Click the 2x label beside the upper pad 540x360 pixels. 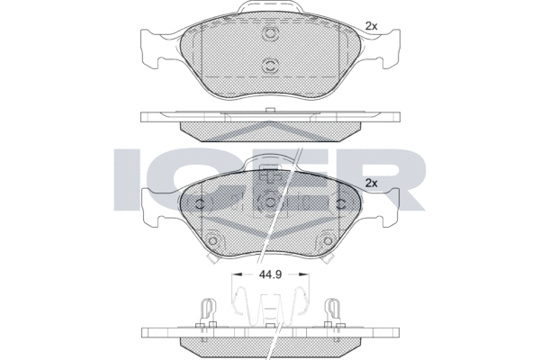[371, 26]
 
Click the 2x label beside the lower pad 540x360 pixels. [371, 184]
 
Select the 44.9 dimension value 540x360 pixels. [270, 274]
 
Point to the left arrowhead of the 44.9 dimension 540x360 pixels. [237, 274]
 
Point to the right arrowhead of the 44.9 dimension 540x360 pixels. [304, 274]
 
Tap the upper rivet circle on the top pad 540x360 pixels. [270, 34]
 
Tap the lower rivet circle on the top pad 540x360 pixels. [270, 65]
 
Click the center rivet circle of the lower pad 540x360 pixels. [270, 202]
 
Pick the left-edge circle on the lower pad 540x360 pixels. [200, 204]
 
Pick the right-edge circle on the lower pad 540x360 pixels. [341, 204]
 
